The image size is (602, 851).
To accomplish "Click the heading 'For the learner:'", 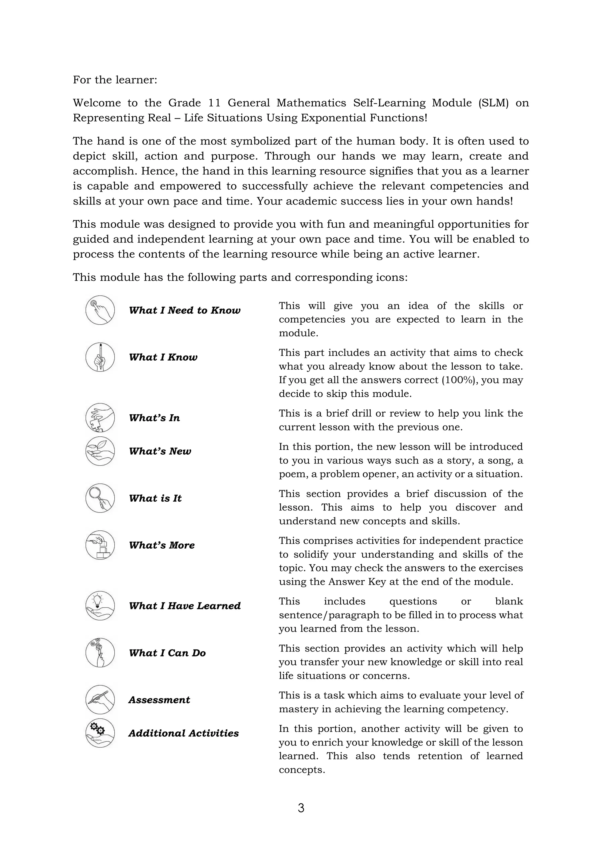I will (x=115, y=80).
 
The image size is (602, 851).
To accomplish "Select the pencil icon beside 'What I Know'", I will (x=100, y=357).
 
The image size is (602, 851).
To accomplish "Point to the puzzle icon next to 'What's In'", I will (x=100, y=418).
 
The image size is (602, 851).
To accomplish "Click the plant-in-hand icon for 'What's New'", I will (x=100, y=451).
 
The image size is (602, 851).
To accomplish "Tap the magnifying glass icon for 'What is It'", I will (x=100, y=498).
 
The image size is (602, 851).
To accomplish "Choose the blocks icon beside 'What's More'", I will (x=100, y=545).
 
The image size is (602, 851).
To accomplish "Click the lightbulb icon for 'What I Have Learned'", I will (x=100, y=606).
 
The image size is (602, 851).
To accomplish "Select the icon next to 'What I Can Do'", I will (x=100, y=653).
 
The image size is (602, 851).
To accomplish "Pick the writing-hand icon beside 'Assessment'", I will (x=100, y=699).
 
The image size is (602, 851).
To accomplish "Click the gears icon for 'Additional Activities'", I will (x=100, y=733).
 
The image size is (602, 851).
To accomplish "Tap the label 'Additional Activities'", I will (x=183, y=733).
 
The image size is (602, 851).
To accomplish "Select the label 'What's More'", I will (x=162, y=545).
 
